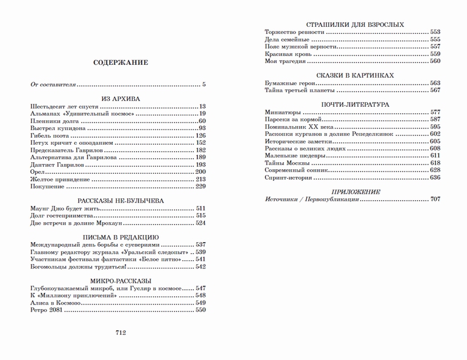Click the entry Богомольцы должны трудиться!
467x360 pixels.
69,267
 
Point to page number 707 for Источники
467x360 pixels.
434,200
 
